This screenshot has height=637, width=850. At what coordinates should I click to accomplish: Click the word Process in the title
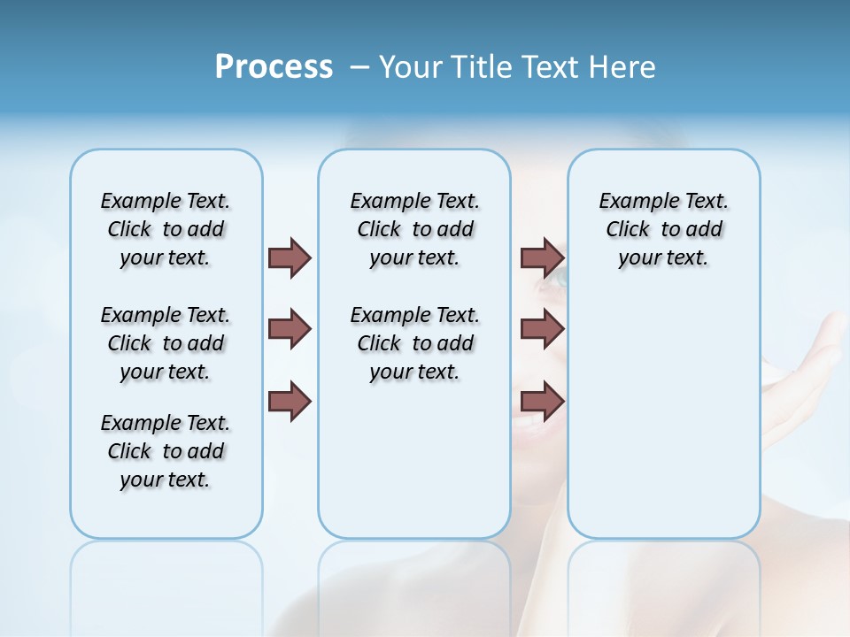pos(274,67)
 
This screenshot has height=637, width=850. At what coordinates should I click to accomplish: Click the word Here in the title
pos(621,67)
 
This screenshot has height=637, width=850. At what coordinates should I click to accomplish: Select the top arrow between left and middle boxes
pos(290,257)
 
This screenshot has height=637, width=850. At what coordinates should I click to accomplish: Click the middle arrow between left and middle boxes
pos(290,329)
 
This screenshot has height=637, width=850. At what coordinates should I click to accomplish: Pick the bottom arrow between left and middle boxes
pos(290,402)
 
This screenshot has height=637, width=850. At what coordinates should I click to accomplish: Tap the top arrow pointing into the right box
pos(542,257)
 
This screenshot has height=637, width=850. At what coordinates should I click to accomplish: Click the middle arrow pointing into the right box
pos(542,329)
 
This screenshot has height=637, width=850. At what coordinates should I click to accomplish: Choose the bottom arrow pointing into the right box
pos(542,402)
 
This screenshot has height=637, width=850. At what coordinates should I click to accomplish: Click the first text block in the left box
pos(166,229)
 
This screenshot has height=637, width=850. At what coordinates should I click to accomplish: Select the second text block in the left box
pos(166,343)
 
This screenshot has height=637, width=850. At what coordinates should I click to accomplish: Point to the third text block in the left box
pos(166,451)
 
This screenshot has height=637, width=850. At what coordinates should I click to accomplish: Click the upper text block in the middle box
pos(414,229)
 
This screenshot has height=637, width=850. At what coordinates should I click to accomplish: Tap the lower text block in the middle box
pos(414,343)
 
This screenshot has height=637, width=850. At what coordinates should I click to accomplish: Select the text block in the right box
pos(663,229)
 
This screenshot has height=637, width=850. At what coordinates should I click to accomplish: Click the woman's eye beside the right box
pos(561,279)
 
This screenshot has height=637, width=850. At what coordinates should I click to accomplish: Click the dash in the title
pos(359,68)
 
